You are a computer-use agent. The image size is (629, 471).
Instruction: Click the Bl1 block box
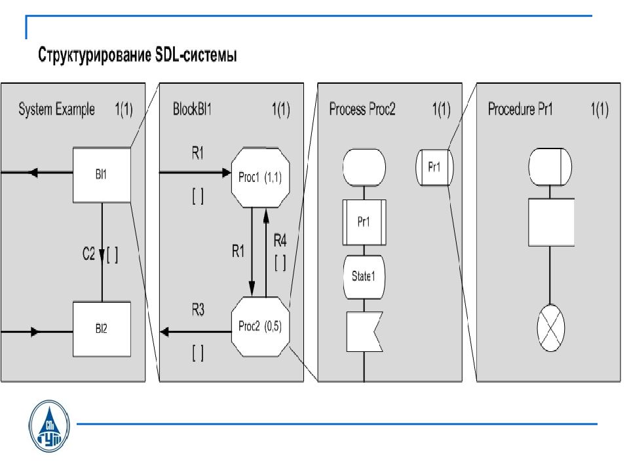pyautogui.click(x=101, y=175)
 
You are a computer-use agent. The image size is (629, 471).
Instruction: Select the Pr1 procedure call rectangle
pyautogui.click(x=364, y=221)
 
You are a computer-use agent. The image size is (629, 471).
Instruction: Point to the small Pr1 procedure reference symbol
pyautogui.click(x=434, y=167)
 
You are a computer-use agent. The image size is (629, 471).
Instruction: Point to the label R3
pyautogui.click(x=198, y=310)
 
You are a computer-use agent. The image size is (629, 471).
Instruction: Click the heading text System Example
pyautogui.click(x=56, y=109)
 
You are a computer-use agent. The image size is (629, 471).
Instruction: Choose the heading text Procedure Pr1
pyautogui.click(x=521, y=109)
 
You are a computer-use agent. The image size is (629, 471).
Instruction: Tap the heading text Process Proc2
pyautogui.click(x=362, y=109)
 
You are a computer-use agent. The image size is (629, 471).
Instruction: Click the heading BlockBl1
pyautogui.click(x=192, y=109)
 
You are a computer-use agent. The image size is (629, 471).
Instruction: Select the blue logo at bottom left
pyautogui.click(x=50, y=427)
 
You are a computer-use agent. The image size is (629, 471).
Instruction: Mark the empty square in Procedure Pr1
pyautogui.click(x=551, y=222)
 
